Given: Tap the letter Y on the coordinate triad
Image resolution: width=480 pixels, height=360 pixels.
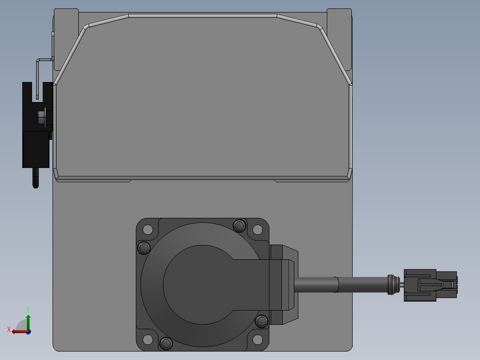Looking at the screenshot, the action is (x=28, y=310).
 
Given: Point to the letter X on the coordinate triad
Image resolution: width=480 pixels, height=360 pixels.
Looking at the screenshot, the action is (x=9, y=329).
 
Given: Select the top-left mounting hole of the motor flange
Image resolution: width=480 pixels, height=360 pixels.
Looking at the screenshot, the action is (x=147, y=229).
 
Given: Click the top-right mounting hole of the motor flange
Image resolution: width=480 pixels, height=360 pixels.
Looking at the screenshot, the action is (x=257, y=229).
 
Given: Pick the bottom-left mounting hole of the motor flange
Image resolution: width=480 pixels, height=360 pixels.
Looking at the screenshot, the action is (x=147, y=340).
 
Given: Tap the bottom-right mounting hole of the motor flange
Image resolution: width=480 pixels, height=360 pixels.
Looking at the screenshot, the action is (x=257, y=340).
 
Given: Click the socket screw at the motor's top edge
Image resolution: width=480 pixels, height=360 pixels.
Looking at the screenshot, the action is (x=240, y=226).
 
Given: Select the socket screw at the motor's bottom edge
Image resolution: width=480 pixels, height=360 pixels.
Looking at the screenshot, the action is (x=166, y=344).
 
